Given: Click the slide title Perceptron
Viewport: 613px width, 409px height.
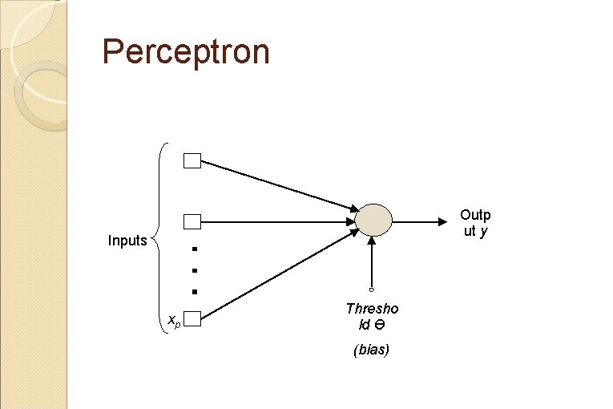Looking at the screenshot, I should [186, 52].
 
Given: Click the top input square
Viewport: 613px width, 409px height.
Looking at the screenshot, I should [192, 161].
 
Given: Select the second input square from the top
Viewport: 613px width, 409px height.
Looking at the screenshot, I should [192, 221].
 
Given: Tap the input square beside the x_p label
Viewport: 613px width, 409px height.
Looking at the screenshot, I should [192, 320].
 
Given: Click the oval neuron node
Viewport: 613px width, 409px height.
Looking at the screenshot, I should [373, 219].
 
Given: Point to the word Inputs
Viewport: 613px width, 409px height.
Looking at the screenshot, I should [127, 241].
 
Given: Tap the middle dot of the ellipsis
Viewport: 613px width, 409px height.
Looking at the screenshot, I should [193, 270].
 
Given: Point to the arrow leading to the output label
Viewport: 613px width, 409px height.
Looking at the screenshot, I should [421, 220].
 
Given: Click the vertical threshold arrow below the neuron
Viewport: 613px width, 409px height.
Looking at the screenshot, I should [372, 261].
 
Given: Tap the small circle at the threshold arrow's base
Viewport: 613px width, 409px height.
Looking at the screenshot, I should [372, 289].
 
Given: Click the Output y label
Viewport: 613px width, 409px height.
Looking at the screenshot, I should [475, 223].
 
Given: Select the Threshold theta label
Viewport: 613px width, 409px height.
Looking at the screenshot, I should [372, 316].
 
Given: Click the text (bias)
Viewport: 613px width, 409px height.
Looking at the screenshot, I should [371, 350].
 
